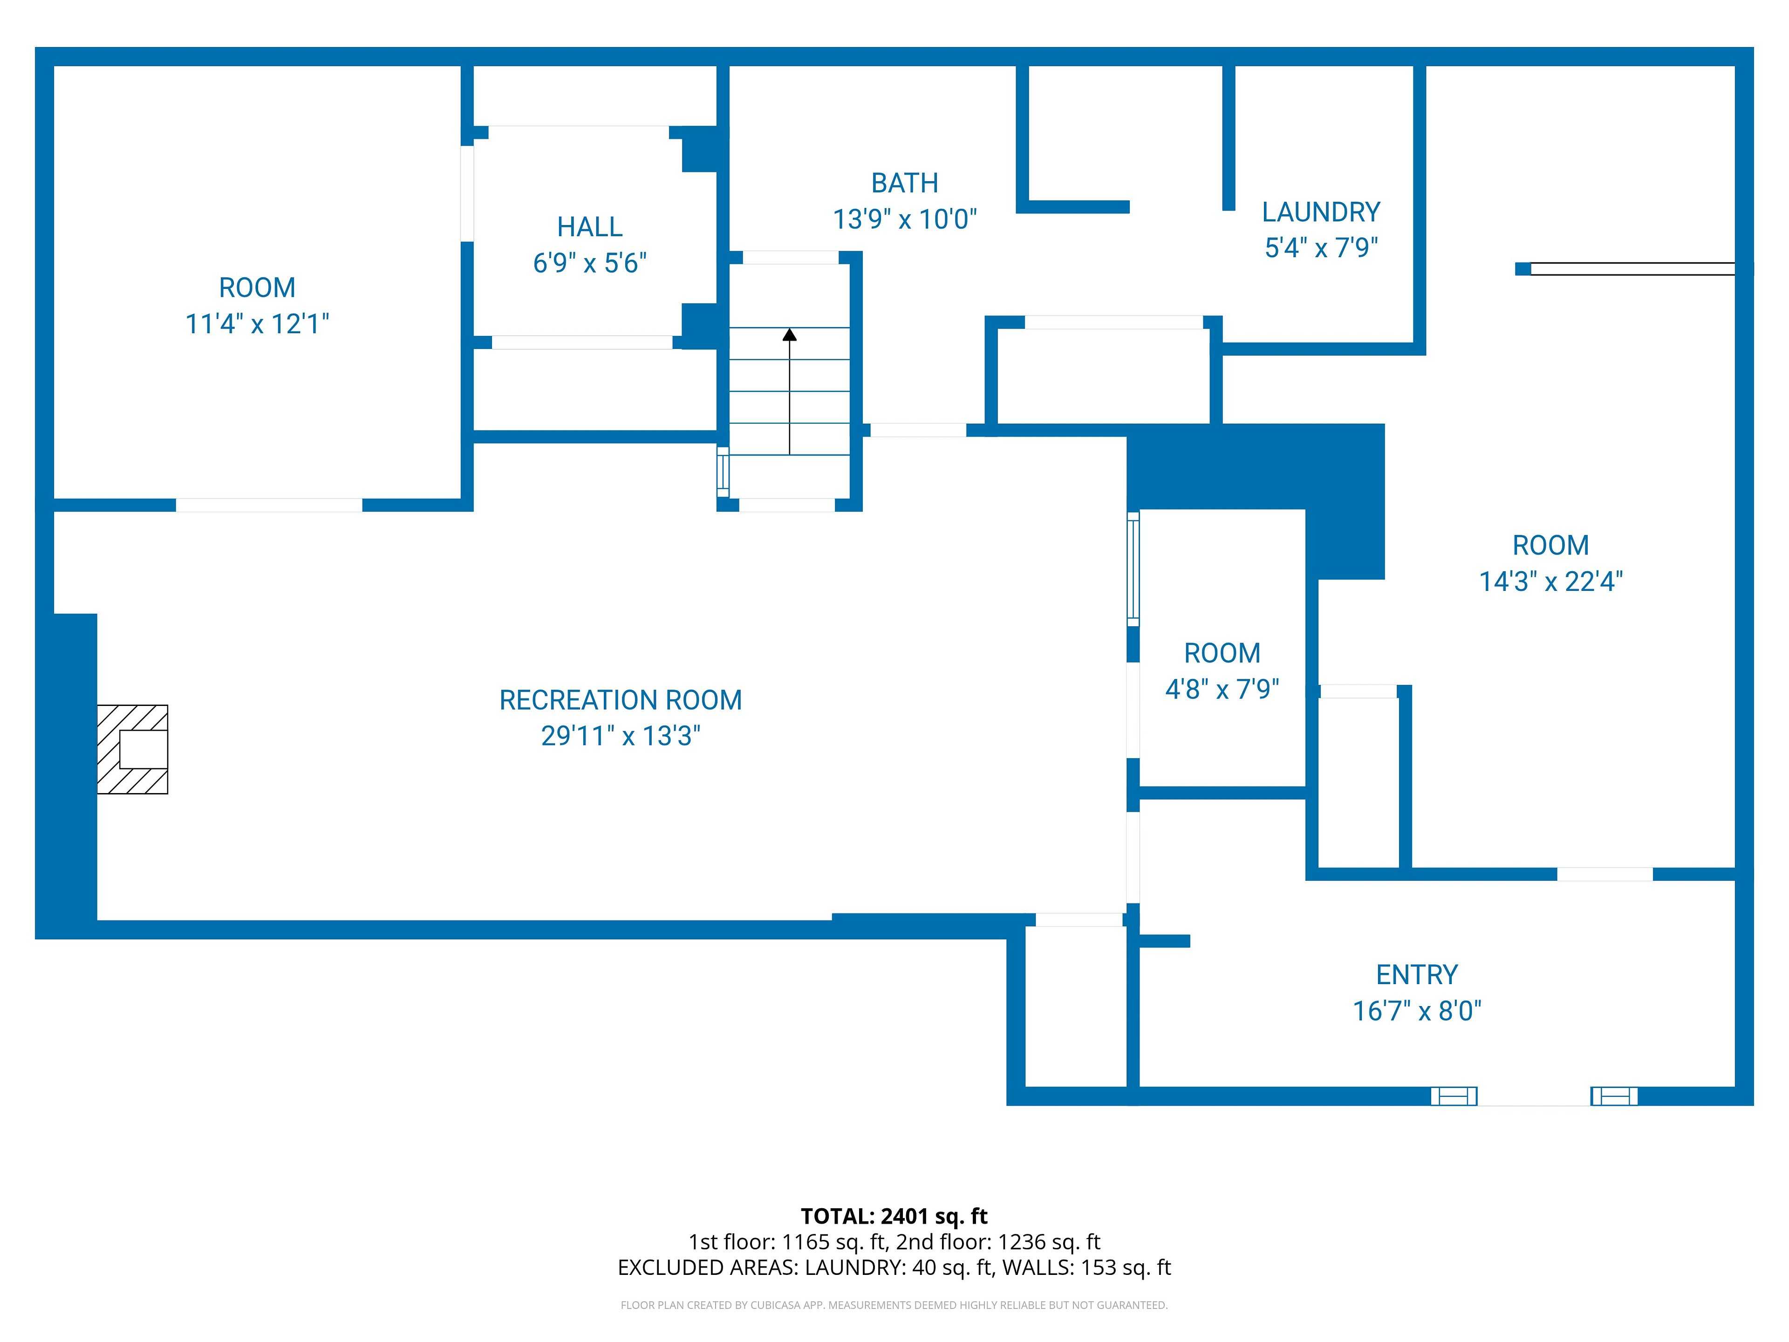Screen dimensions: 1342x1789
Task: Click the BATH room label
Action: click(x=904, y=184)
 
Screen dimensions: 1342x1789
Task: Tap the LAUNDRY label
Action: click(x=1321, y=212)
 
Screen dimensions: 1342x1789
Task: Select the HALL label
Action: click(x=590, y=227)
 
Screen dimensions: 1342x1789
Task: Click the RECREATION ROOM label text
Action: click(x=621, y=700)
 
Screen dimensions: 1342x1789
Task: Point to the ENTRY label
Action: click(x=1417, y=975)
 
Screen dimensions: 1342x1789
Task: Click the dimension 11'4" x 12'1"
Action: click(x=257, y=323)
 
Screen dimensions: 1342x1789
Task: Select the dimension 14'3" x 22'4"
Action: click(x=1550, y=582)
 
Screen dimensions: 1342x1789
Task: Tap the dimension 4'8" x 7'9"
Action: click(x=1222, y=689)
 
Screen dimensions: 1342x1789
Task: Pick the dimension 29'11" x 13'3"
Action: click(x=621, y=736)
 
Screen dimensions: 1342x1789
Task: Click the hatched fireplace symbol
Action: click(x=133, y=749)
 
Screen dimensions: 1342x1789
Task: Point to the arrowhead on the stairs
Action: click(x=789, y=334)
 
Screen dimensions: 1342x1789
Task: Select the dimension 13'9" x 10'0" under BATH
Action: click(x=904, y=219)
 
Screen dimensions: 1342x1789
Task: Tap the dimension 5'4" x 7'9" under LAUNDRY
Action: click(x=1321, y=247)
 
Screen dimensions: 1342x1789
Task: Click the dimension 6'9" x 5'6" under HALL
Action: click(x=590, y=263)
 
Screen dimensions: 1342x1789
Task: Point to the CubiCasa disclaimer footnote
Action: click(x=894, y=1305)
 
